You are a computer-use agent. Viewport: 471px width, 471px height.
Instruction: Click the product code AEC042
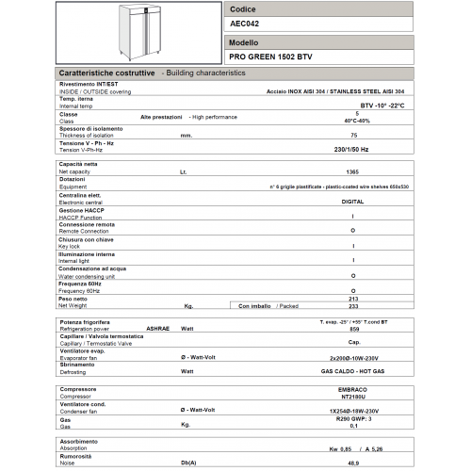pyautogui.click(x=246, y=25)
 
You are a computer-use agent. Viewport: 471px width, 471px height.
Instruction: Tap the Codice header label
pyautogui.click(x=243, y=8)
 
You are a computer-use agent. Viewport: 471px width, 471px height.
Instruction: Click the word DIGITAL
pyautogui.click(x=352, y=202)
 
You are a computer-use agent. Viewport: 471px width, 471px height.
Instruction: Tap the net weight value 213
pyautogui.click(x=352, y=298)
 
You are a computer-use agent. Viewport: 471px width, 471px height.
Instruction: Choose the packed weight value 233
pyautogui.click(x=352, y=306)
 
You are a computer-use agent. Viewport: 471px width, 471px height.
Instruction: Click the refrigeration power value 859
pyautogui.click(x=352, y=329)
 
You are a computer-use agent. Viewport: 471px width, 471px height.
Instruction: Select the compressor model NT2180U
pyautogui.click(x=352, y=396)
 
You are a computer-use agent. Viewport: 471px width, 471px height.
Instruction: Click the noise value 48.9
pyautogui.click(x=352, y=462)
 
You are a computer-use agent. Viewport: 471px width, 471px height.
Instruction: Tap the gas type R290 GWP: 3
pyautogui.click(x=352, y=417)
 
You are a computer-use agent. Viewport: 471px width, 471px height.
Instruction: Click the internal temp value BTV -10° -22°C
pyautogui.click(x=375, y=106)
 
